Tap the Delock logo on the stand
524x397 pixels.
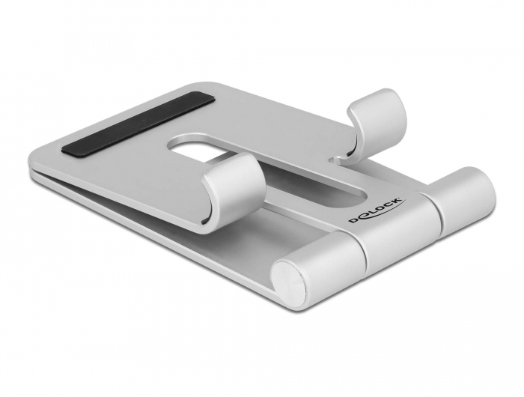[377, 210]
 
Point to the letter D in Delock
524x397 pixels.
[353, 219]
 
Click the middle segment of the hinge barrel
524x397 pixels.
[397, 225]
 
